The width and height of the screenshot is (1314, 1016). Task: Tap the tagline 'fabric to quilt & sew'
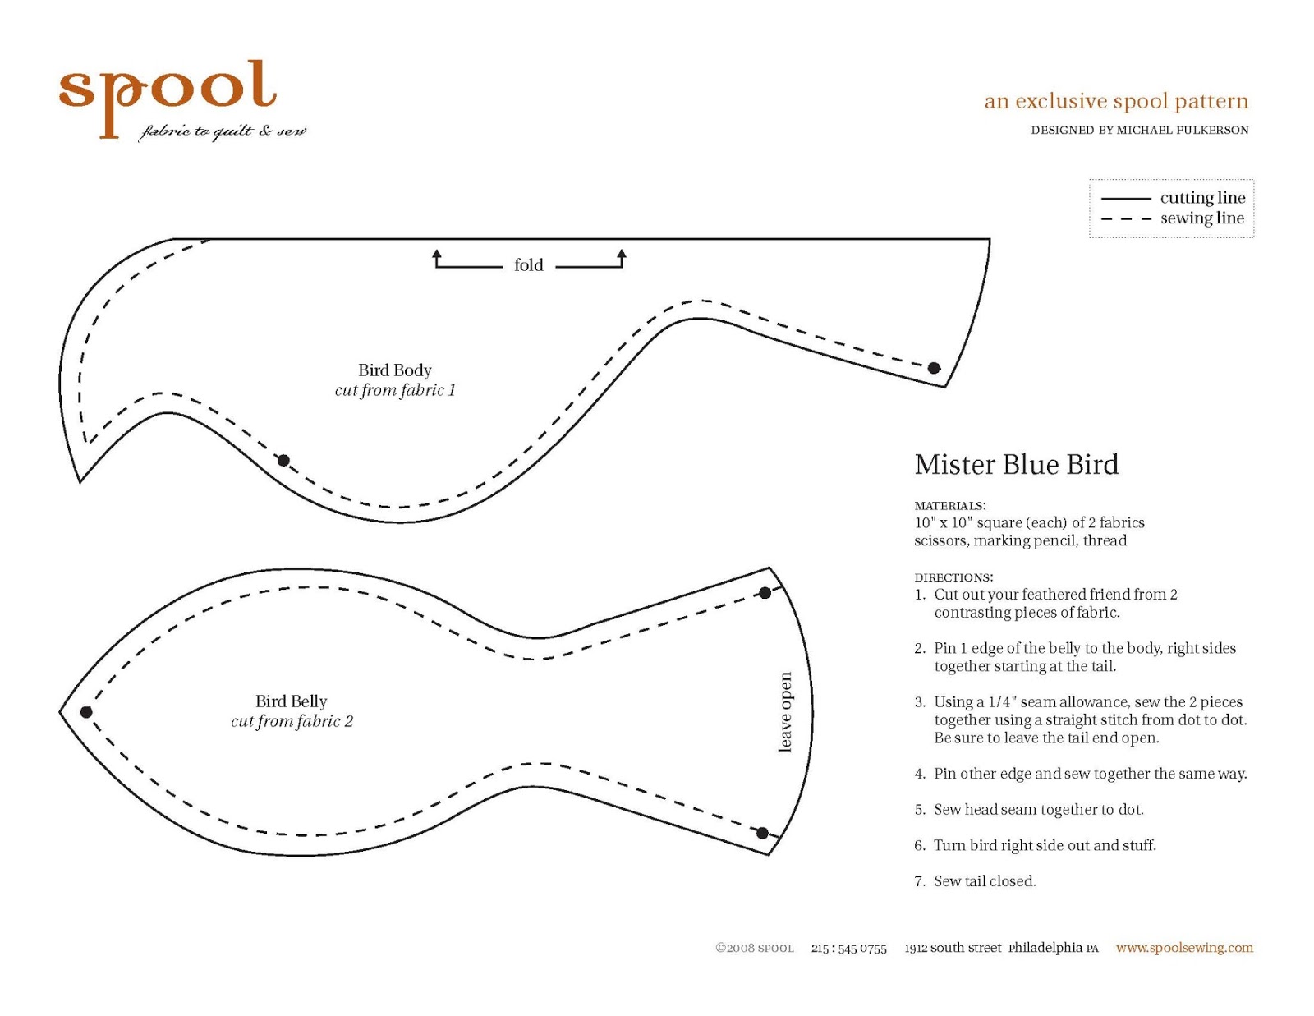(223, 131)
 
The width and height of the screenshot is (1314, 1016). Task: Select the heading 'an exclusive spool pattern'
(1116, 101)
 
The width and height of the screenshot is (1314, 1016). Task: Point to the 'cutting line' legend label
(1202, 198)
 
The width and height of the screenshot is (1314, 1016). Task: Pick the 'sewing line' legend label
(1201, 218)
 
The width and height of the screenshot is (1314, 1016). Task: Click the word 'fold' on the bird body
(528, 265)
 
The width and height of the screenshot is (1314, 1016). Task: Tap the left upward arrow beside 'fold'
(437, 258)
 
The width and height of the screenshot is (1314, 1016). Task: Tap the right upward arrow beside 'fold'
(622, 258)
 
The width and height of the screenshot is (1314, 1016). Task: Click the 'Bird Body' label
(394, 370)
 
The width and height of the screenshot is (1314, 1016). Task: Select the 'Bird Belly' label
(291, 701)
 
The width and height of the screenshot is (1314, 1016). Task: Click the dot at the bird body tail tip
(934, 368)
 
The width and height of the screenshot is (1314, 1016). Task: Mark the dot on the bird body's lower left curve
(283, 461)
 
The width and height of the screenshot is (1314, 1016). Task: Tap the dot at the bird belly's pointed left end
(86, 712)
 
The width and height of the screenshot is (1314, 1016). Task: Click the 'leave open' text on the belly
(785, 711)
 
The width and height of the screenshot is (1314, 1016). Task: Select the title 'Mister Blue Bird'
(1016, 465)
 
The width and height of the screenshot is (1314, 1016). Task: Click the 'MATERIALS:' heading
(950, 506)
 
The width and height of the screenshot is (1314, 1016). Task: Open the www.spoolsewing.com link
(1184, 948)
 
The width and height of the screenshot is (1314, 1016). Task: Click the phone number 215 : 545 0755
(848, 949)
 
